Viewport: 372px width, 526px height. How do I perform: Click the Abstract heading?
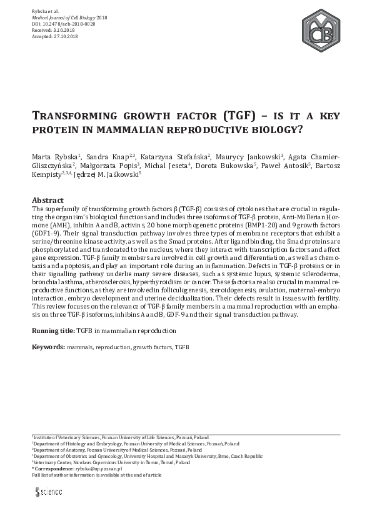48,201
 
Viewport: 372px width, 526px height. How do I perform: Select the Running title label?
53,330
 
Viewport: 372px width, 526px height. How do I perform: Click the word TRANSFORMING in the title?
70,116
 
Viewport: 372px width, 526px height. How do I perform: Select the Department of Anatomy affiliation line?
118,450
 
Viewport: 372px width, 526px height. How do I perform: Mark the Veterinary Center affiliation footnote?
111,462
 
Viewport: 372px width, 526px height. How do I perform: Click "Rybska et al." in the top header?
45,12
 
